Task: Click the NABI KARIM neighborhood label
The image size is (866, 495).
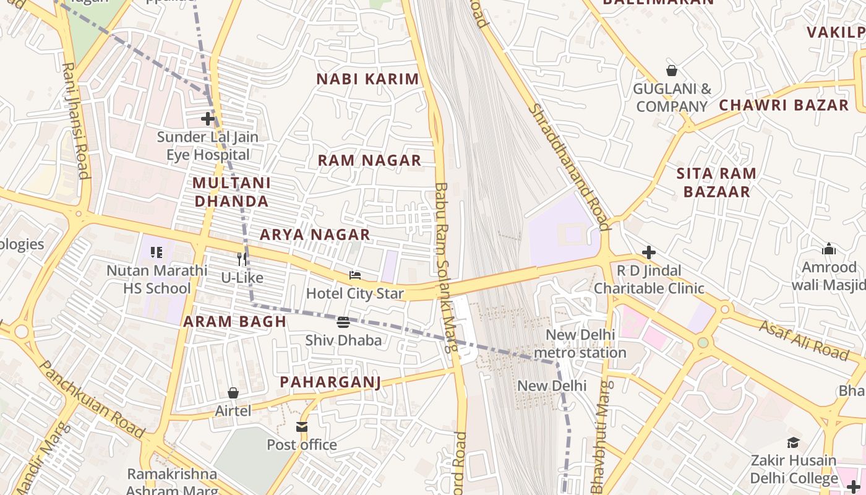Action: coord(367,79)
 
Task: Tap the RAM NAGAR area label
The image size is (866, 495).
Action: coord(369,160)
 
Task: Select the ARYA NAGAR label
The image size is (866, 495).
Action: coord(315,235)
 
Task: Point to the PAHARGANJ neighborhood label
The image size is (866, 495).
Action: coord(330,382)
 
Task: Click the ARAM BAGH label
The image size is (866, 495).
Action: coord(234,322)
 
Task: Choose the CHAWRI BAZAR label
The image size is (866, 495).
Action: coord(783,105)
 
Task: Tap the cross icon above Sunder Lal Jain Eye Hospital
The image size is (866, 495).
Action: coord(208,118)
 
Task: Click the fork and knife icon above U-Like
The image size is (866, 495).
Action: coord(242,259)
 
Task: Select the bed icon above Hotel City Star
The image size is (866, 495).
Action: coord(355,275)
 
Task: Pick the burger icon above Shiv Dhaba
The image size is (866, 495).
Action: coord(344,322)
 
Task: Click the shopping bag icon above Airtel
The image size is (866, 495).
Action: coord(233,393)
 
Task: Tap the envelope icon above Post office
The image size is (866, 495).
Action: coord(302,427)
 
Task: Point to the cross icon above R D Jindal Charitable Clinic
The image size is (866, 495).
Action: coord(649,252)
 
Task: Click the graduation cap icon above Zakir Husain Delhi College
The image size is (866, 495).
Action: coord(794,442)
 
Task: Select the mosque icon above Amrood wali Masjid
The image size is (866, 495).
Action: coord(828,249)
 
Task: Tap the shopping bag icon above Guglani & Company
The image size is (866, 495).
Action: coord(672,71)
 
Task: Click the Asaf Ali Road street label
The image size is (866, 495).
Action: coord(804,340)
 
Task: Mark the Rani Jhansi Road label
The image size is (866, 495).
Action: coord(75,120)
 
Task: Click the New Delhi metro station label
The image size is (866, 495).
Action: coord(580,344)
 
